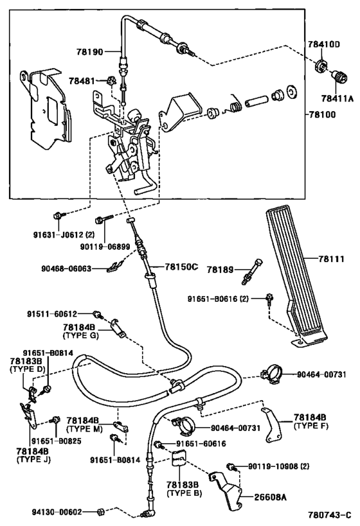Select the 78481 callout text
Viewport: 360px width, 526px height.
click(x=82, y=81)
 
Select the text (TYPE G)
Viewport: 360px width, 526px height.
click(x=80, y=335)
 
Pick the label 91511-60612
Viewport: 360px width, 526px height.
click(x=52, y=314)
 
